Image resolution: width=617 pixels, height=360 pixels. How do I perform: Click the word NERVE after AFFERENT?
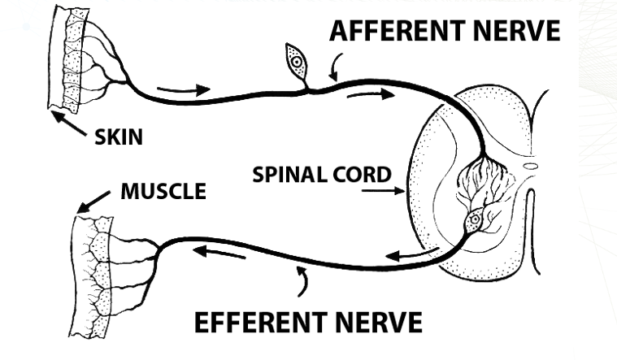point(513,32)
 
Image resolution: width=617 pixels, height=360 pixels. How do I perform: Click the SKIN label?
point(118,136)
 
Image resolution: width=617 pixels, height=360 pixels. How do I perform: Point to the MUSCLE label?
point(163,192)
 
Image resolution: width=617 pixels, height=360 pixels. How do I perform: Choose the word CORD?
point(366,175)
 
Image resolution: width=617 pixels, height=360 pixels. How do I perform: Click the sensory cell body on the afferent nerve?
point(296,58)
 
